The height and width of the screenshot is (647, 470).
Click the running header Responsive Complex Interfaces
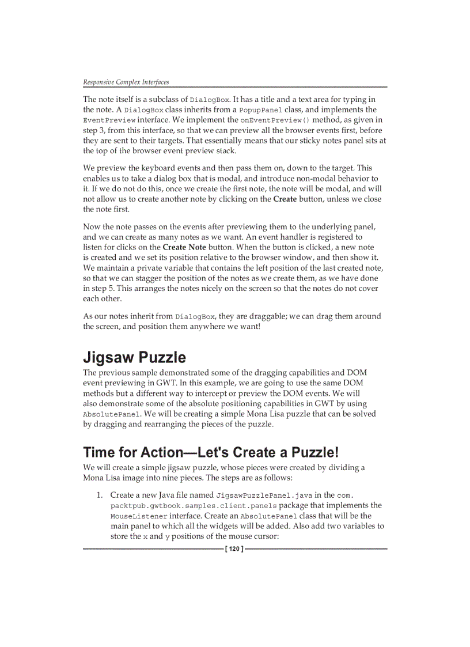(x=126, y=82)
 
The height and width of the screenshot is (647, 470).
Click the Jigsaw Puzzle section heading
(x=134, y=357)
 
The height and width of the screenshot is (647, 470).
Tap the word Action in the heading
(x=164, y=452)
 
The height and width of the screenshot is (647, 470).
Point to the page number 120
(x=234, y=549)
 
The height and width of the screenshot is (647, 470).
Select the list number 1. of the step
(x=100, y=495)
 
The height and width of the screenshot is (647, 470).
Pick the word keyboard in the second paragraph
(x=145, y=168)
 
